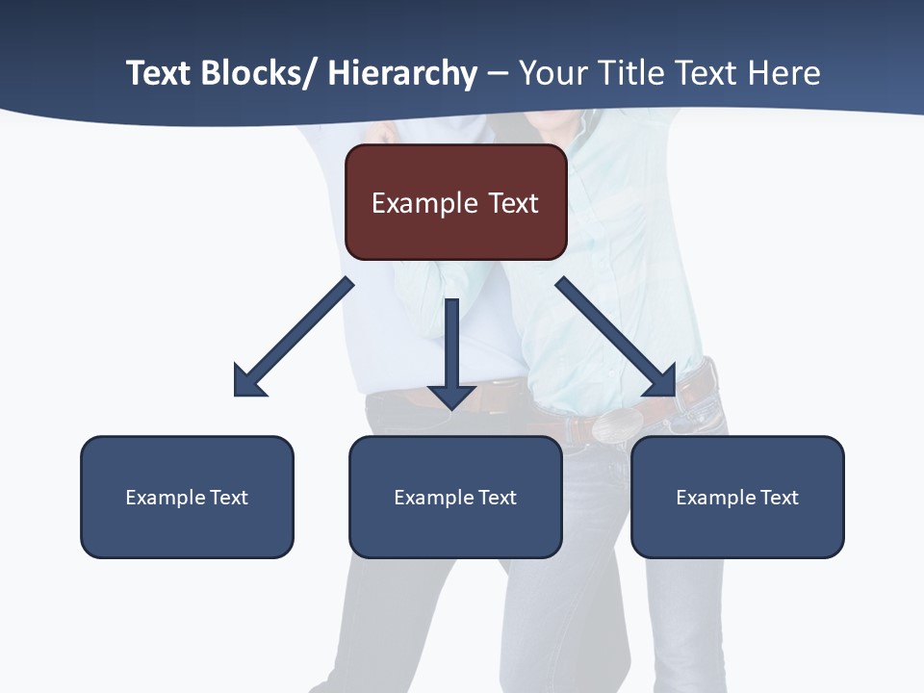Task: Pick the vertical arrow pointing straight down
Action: click(451, 346)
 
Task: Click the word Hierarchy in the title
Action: click(402, 74)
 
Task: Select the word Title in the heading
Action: click(630, 74)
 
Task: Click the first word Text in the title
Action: click(159, 74)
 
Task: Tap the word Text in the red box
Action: click(513, 204)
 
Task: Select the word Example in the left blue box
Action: click(166, 498)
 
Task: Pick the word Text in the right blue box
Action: click(779, 498)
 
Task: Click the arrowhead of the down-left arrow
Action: click(248, 382)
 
